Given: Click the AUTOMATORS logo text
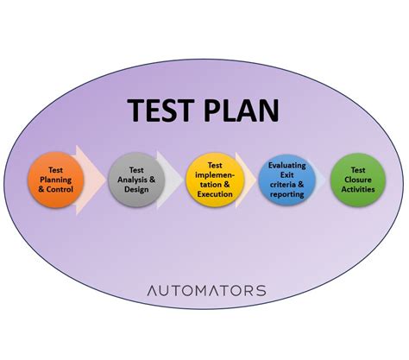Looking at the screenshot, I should pos(205,291).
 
